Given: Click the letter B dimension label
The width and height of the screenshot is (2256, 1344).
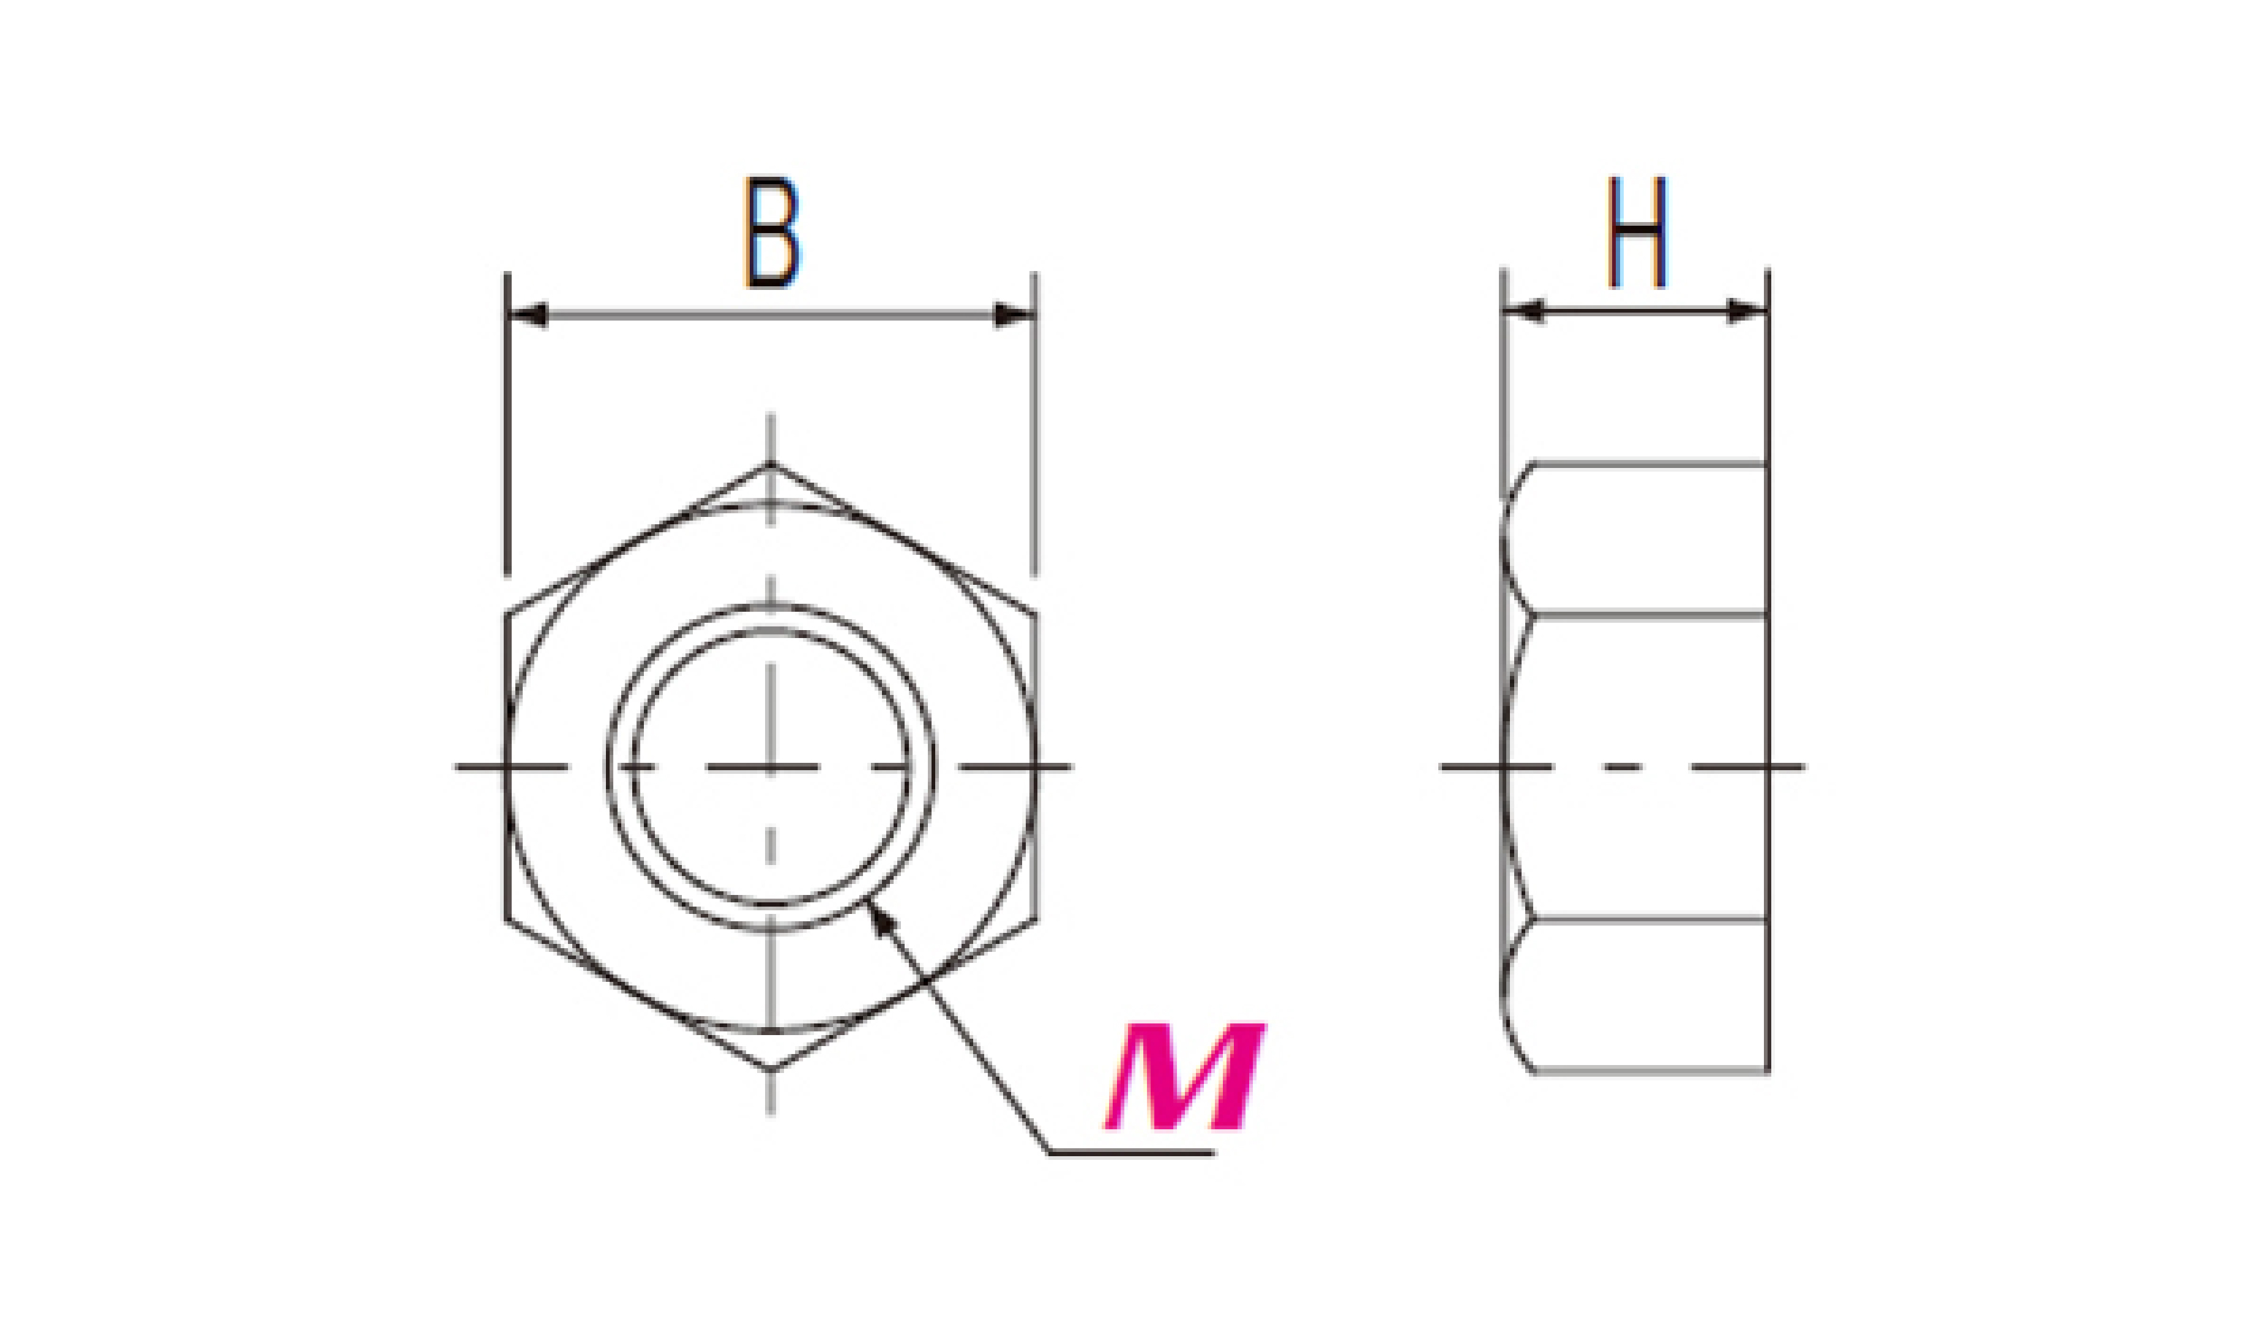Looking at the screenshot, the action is (772, 232).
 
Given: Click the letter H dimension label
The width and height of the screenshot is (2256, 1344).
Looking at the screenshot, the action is (1637, 232).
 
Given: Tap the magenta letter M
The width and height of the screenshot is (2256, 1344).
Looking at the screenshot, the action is (1185, 1077).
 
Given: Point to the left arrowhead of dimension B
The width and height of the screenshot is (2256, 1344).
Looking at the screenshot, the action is (528, 315).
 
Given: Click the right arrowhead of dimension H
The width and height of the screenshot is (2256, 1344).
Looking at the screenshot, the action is (1748, 311).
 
